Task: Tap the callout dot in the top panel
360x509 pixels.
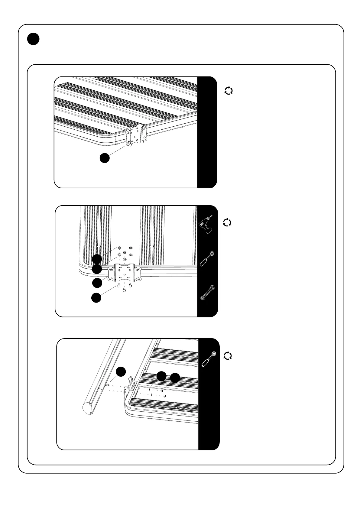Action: [105, 158]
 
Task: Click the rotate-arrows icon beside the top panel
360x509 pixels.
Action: [229, 90]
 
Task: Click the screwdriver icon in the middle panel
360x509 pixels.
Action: [207, 258]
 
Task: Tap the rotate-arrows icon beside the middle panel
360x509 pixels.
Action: [227, 222]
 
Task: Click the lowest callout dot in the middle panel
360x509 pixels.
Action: [96, 297]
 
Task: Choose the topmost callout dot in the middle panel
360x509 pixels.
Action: [97, 259]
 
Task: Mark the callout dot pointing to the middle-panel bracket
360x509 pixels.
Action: [97, 283]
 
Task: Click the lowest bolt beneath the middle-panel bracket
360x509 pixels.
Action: [125, 290]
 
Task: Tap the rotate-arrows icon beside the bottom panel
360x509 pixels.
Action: [228, 355]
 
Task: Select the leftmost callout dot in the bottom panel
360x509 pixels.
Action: [121, 372]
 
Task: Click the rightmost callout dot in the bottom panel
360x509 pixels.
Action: [175, 378]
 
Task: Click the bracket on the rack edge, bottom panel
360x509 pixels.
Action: [130, 384]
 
